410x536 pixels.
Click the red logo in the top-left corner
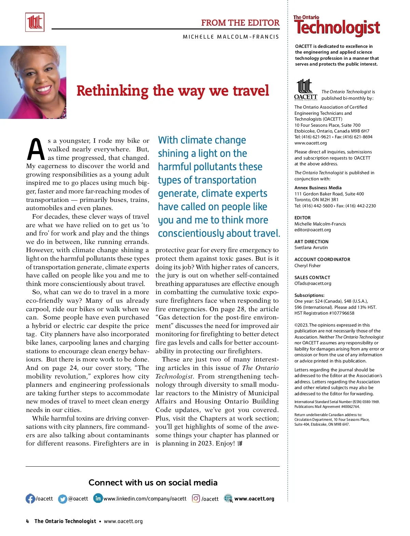pos(35,22)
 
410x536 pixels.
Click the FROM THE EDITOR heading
pos(240,23)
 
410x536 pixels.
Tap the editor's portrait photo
pos(33,82)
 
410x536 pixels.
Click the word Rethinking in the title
pos(112,91)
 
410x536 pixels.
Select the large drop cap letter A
pos(36,150)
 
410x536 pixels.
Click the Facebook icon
pos(30,499)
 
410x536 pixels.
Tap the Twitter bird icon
pos(63,499)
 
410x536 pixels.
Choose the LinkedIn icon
pos(98,498)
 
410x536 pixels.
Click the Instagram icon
pos(196,499)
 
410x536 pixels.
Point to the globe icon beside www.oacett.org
pos(228,499)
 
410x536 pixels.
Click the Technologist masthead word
pos(337,28)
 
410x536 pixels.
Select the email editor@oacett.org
pos(313,230)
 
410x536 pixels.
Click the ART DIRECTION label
pos(311,242)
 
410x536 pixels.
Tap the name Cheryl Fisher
pos(307,265)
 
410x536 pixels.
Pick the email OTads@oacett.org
pos(313,283)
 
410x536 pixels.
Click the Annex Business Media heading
pos(318,188)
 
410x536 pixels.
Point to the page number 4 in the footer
pos(28,521)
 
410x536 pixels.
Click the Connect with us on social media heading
pos(153,482)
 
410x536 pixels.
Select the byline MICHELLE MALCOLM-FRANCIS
pos(231,37)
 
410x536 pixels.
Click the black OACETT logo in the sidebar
pos(305,90)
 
